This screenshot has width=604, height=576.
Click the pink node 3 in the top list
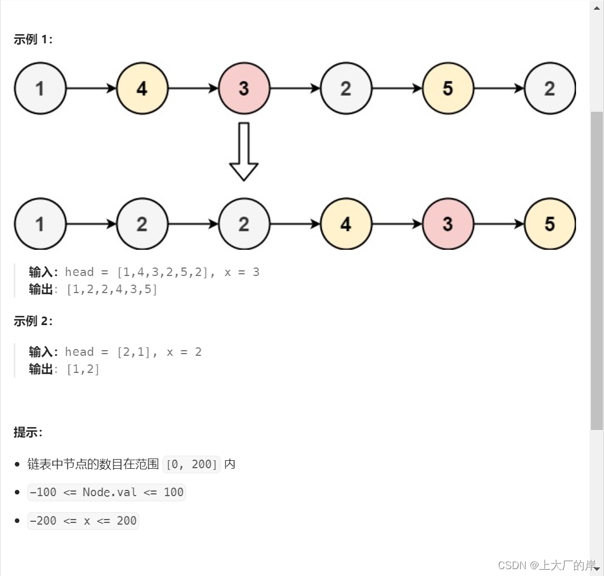click(x=244, y=88)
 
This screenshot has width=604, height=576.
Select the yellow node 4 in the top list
click(x=142, y=88)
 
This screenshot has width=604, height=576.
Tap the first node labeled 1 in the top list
click(x=40, y=88)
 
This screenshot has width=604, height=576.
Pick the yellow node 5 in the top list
click(x=448, y=88)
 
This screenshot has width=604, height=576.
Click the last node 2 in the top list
click(x=550, y=88)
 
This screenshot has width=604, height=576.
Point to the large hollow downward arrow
click(x=244, y=152)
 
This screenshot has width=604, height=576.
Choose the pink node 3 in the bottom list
click(x=448, y=224)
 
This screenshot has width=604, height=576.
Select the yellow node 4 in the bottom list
click(x=346, y=224)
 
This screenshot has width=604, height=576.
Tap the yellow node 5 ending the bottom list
click(x=550, y=224)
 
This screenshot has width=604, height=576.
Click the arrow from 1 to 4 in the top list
click(x=91, y=88)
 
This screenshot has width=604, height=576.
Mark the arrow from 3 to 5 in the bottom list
click(x=499, y=224)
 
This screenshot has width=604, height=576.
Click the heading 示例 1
click(x=33, y=39)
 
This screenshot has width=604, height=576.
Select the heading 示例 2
click(x=33, y=321)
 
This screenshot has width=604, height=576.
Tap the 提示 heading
click(x=28, y=432)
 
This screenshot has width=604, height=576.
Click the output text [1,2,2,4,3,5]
click(x=112, y=289)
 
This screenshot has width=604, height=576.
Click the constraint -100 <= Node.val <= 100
click(x=107, y=492)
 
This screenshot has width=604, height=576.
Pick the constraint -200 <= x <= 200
click(x=83, y=521)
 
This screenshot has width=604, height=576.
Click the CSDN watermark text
click(x=546, y=565)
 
